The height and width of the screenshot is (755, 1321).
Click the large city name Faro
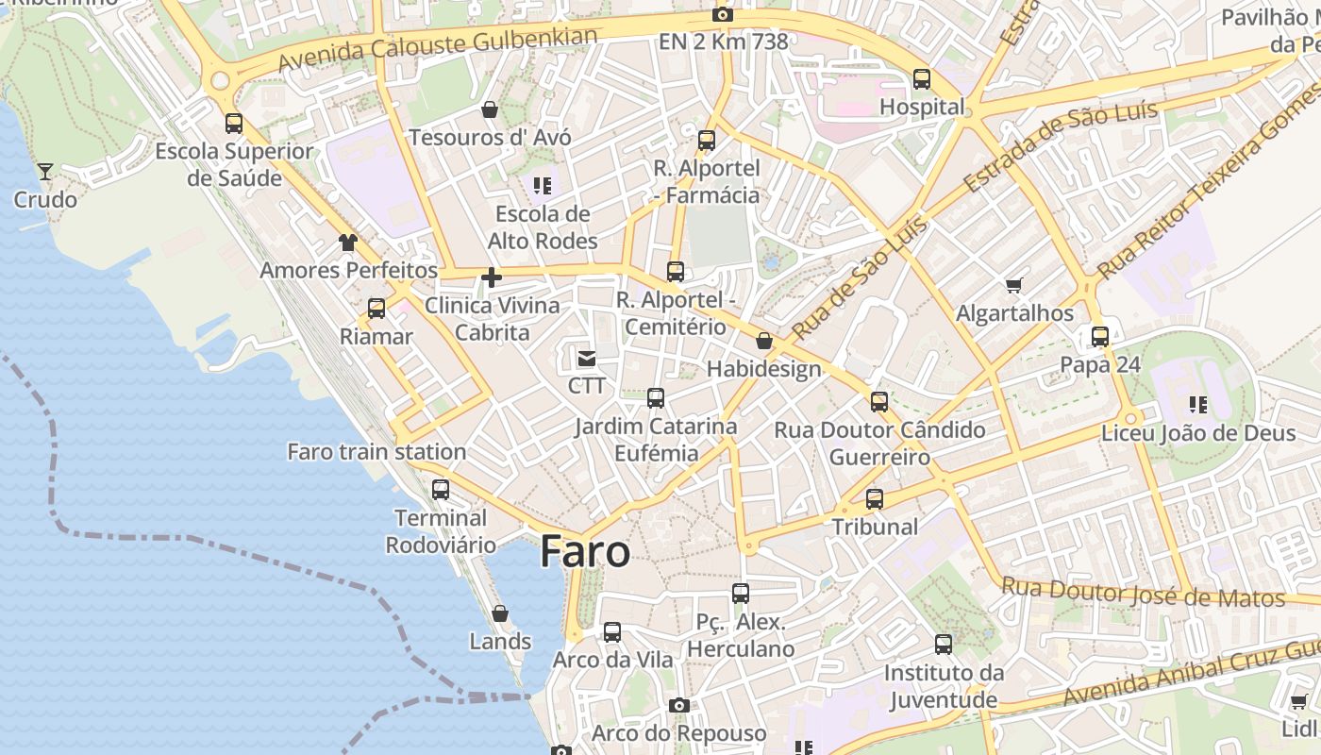click(585, 552)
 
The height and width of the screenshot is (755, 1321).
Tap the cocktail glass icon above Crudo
click(44, 171)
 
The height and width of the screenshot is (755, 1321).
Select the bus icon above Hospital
click(922, 79)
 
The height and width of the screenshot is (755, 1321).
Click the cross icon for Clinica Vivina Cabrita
click(491, 277)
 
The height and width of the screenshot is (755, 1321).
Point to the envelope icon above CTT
click(587, 358)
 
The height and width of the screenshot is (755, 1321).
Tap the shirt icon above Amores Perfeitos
click(348, 243)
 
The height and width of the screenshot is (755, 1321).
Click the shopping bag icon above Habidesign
click(764, 341)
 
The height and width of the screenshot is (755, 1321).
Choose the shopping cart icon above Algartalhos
click(1014, 285)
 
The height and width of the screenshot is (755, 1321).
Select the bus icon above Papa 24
click(1100, 336)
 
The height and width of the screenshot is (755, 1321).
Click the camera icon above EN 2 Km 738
click(723, 14)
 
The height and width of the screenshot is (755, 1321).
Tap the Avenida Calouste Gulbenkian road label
click(438, 49)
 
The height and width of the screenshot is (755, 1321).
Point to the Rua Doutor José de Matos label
click(1143, 593)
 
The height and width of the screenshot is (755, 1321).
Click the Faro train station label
click(376, 452)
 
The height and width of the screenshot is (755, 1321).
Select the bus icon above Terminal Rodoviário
click(441, 490)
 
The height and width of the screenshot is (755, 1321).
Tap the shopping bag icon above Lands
click(500, 613)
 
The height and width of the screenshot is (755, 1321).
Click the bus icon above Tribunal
click(875, 499)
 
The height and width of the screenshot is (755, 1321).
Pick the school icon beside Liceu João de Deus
click(1198, 405)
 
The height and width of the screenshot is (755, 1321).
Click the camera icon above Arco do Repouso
click(678, 705)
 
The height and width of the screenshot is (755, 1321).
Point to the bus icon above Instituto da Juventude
click(944, 645)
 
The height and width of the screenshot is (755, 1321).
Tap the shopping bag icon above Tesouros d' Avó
click(490, 109)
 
